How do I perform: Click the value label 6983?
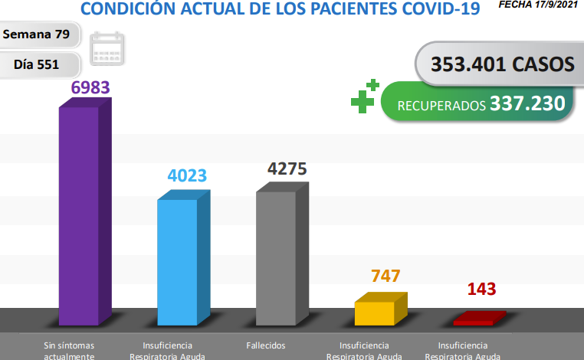click(x=91, y=87)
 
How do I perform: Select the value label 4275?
click(x=287, y=169)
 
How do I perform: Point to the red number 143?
click(x=481, y=290)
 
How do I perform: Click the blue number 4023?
click(x=187, y=175)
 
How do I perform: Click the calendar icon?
click(x=107, y=49)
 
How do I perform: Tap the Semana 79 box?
click(x=41, y=34)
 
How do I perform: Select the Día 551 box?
click(x=37, y=64)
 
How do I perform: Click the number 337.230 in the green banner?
click(x=527, y=103)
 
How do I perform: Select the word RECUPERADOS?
click(x=441, y=105)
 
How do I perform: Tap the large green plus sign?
click(x=363, y=100)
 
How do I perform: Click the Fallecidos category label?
click(x=266, y=345)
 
